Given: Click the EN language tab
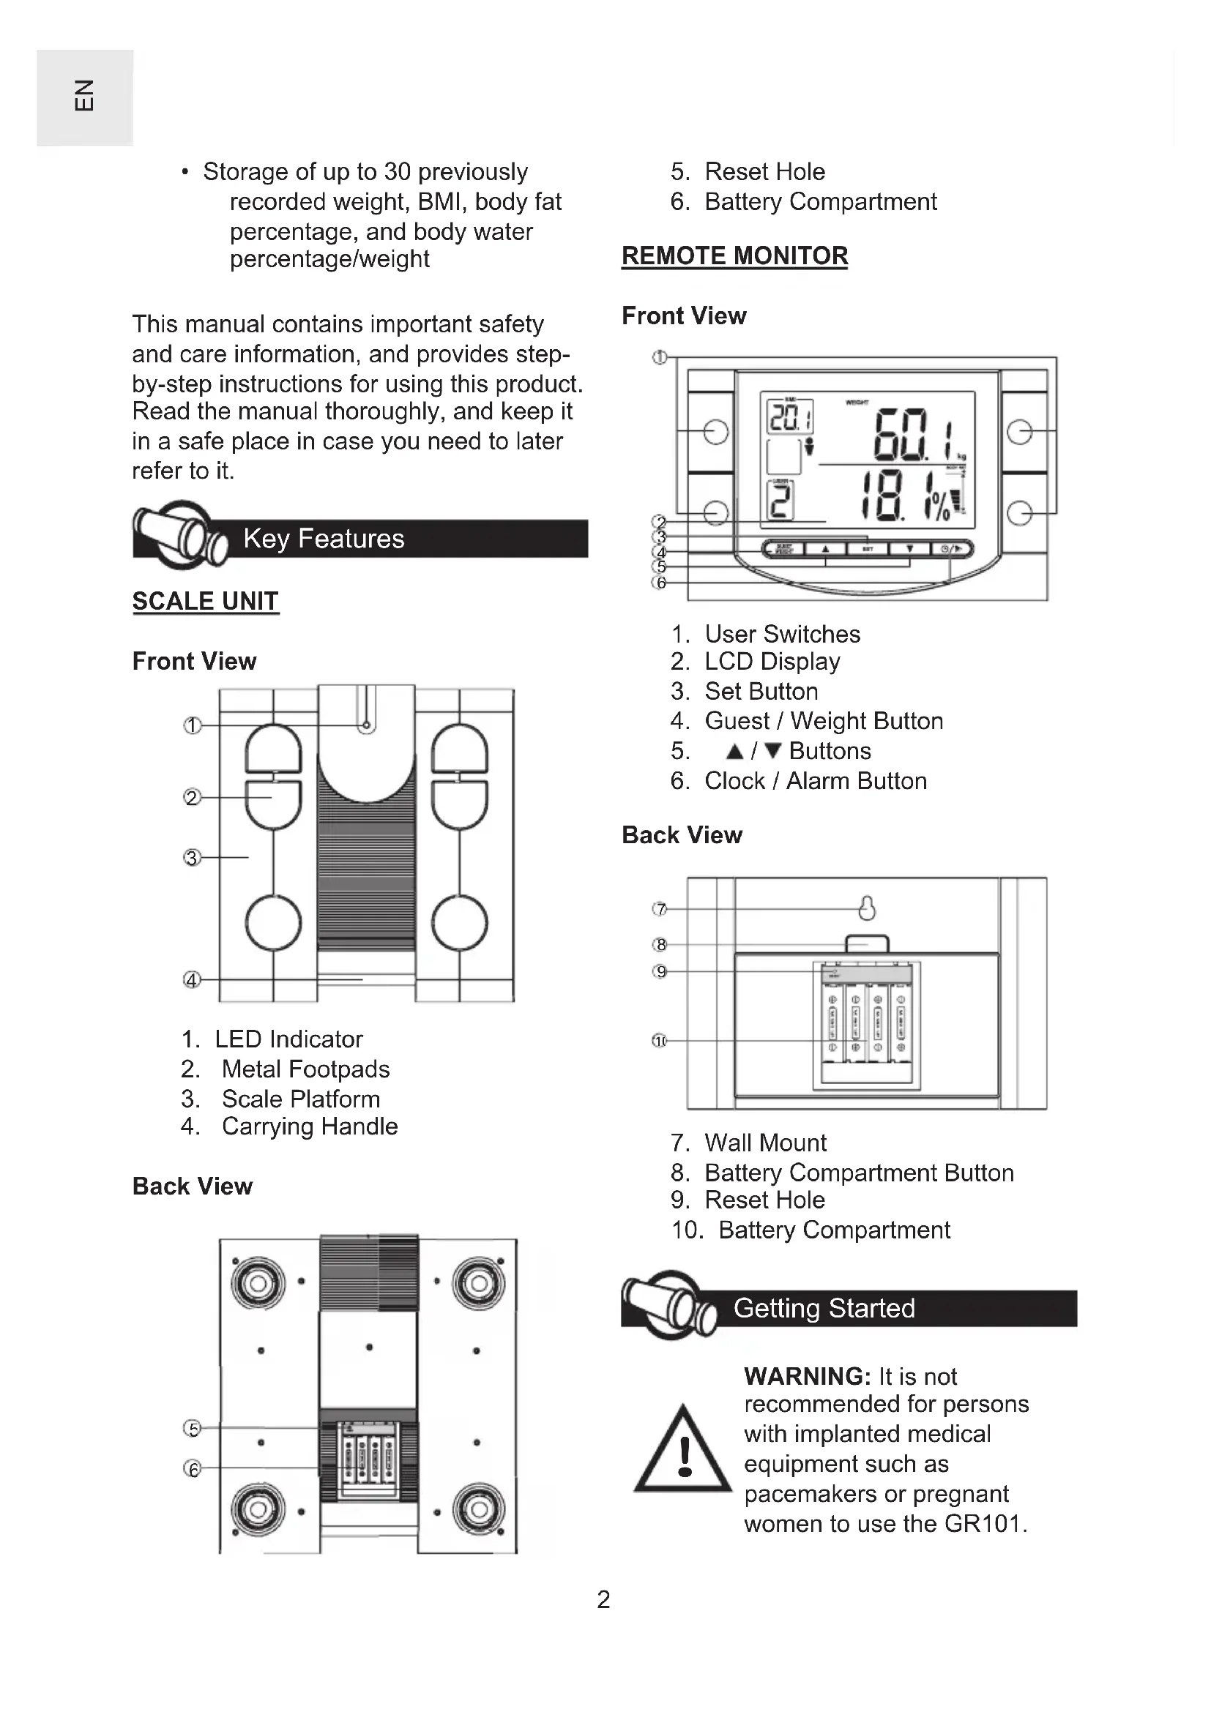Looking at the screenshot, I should click(84, 95).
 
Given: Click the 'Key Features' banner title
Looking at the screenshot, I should click(324, 539).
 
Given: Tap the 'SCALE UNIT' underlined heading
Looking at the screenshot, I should click(205, 601).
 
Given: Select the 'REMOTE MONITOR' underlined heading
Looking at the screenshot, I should click(734, 255).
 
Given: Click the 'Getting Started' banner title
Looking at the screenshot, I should click(823, 1308).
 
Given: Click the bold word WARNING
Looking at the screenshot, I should click(807, 1376).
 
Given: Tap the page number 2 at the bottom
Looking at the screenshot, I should click(604, 1599).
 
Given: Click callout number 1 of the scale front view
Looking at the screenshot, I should click(193, 725).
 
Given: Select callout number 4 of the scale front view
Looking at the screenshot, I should click(193, 980).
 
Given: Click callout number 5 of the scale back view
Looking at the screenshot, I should click(193, 1428).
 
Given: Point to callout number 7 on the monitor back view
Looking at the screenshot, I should click(659, 909).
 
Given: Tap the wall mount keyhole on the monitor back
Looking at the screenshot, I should click(866, 908).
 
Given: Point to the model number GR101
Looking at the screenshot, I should click(983, 1522).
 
